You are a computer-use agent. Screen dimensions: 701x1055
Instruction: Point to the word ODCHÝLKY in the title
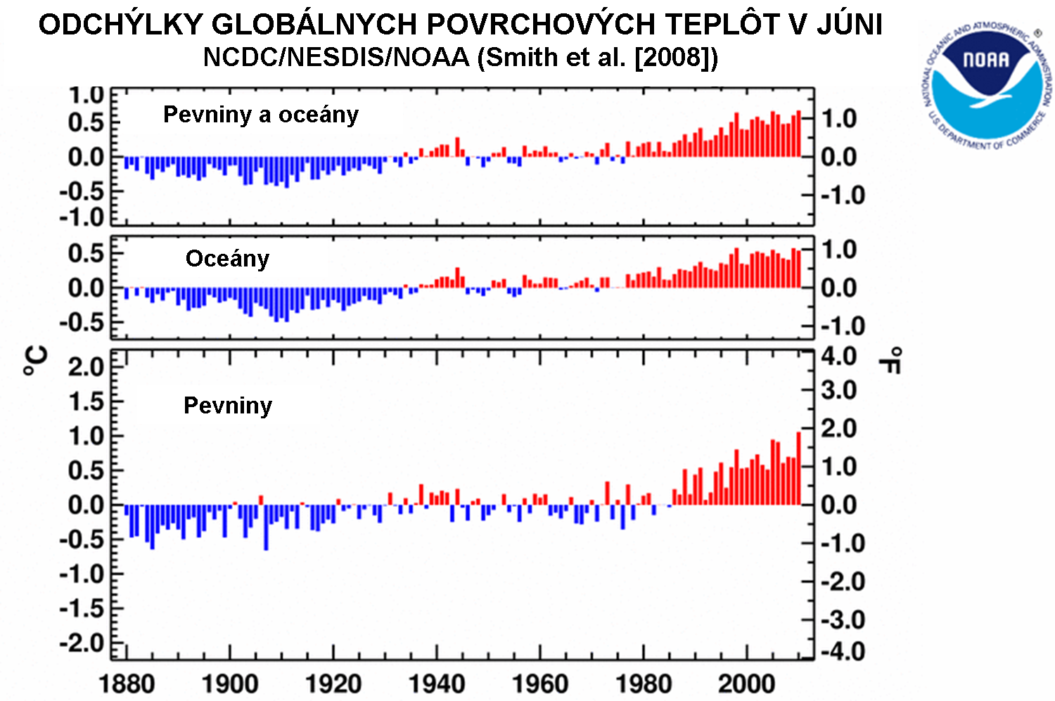tap(120, 25)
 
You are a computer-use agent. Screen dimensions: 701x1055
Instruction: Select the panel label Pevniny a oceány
tap(261, 115)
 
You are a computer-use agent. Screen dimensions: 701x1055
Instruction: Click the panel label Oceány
tap(227, 259)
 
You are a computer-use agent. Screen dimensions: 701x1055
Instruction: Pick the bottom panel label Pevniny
tap(227, 406)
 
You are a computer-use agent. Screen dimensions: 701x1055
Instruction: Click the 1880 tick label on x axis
tap(127, 683)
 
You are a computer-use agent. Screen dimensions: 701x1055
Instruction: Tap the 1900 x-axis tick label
tap(230, 683)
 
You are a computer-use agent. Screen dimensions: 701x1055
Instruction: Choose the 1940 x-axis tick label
tap(437, 683)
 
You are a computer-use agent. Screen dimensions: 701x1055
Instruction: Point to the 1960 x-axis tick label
tap(540, 683)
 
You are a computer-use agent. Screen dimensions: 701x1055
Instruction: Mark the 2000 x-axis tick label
tap(747, 683)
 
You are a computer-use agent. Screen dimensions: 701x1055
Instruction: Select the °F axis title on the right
tap(890, 360)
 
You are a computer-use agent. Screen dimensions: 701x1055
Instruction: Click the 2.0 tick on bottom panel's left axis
tap(86, 366)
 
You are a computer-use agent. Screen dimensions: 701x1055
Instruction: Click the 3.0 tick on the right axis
tap(839, 390)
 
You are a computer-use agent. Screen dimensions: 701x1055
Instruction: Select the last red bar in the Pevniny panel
tap(798, 468)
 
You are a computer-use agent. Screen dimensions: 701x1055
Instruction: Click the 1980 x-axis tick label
tap(644, 683)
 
